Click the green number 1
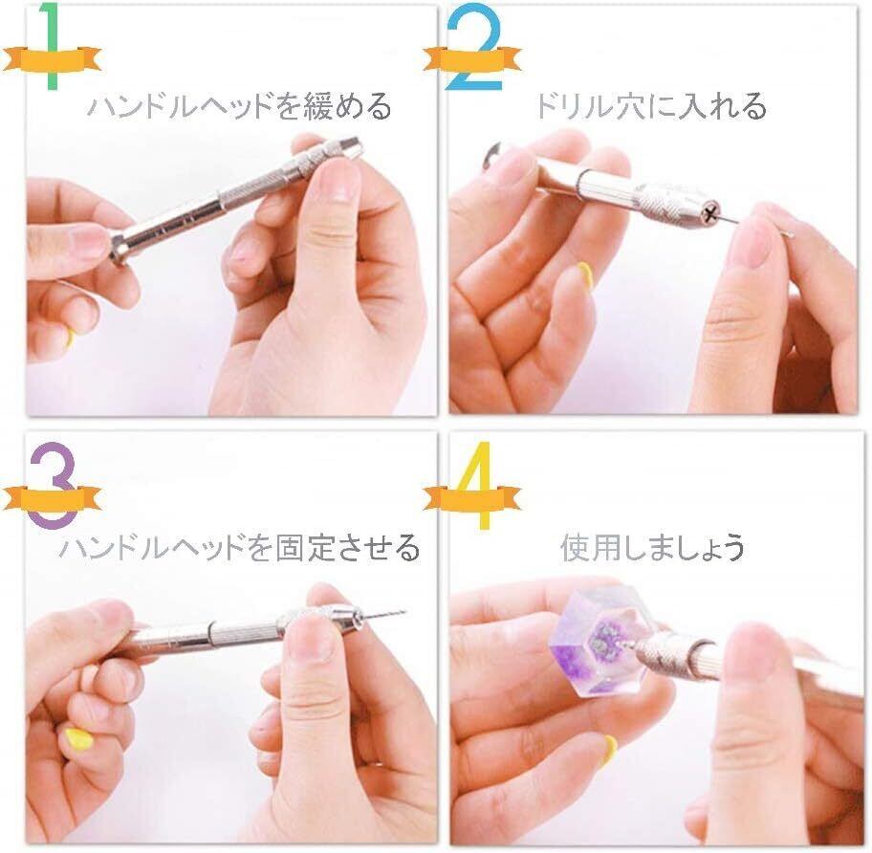53,46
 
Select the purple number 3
53,485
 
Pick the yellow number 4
478,485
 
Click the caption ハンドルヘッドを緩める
240,105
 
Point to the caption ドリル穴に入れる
650,105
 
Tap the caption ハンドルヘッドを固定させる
240,547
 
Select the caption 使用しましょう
652,547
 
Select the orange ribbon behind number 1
52,58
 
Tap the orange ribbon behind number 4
472,496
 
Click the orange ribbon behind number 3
52,497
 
